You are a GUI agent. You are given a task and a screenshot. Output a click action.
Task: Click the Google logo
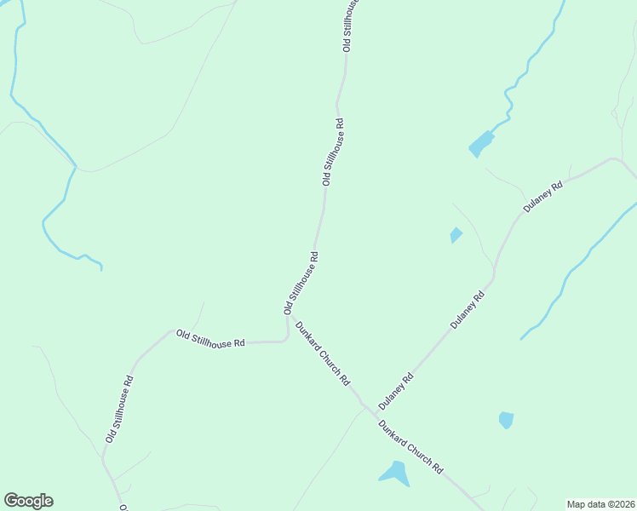[x=28, y=501]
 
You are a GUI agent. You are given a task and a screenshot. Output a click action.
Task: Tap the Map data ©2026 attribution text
[x=600, y=503]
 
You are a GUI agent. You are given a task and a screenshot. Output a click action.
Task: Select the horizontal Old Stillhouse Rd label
[x=210, y=337]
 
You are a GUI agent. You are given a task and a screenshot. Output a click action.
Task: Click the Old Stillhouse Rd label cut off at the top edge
[x=350, y=26]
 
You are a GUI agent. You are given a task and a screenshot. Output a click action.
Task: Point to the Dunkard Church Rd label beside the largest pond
[x=410, y=447]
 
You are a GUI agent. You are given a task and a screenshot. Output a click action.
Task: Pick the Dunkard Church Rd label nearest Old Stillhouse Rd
[x=322, y=353]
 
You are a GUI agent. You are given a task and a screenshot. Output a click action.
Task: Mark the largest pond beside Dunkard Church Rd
[x=394, y=473]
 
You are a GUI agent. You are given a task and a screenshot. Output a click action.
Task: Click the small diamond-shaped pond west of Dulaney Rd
[x=456, y=235]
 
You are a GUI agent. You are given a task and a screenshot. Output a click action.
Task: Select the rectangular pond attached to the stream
[x=481, y=144]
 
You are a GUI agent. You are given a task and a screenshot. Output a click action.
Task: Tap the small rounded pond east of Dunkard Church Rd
[x=506, y=420]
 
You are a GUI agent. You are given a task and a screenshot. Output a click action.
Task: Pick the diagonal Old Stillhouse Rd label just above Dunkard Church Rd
[x=301, y=284]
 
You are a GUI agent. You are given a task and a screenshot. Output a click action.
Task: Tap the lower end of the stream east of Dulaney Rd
[x=521, y=338]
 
